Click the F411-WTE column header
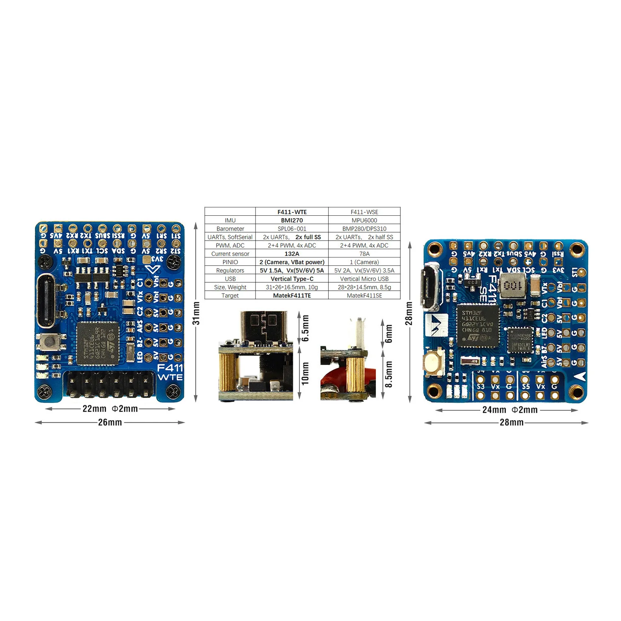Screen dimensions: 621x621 [292, 212]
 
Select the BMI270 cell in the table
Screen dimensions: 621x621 [292, 220]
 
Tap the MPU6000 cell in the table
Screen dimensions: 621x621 [364, 220]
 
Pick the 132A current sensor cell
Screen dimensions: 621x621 [292, 254]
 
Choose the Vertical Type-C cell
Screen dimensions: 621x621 [292, 279]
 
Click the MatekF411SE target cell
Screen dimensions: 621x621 [364, 296]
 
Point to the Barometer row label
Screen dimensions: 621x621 [230, 229]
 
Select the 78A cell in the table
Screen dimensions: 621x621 [364, 254]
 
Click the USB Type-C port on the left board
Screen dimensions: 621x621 [46, 300]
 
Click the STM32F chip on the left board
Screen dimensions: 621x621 [98, 344]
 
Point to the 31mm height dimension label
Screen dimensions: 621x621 [196, 313]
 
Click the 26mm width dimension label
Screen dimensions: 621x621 [110, 422]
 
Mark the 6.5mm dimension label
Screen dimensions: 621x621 [306, 328]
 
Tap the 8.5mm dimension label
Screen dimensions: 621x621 [389, 374]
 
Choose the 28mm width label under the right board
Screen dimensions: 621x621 [511, 423]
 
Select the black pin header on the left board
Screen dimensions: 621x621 [108, 384]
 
